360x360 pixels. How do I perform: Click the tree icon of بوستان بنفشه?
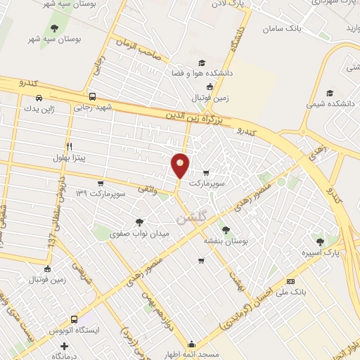click(225, 229)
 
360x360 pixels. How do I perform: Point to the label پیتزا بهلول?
click(69, 157)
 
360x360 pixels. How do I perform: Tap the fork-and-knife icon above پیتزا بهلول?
click(69, 146)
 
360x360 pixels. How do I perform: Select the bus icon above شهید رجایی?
click(92, 97)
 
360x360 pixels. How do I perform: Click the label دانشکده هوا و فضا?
click(202, 72)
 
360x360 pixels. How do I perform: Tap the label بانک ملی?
click(298, 290)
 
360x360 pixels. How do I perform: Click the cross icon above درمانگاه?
click(65, 346)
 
